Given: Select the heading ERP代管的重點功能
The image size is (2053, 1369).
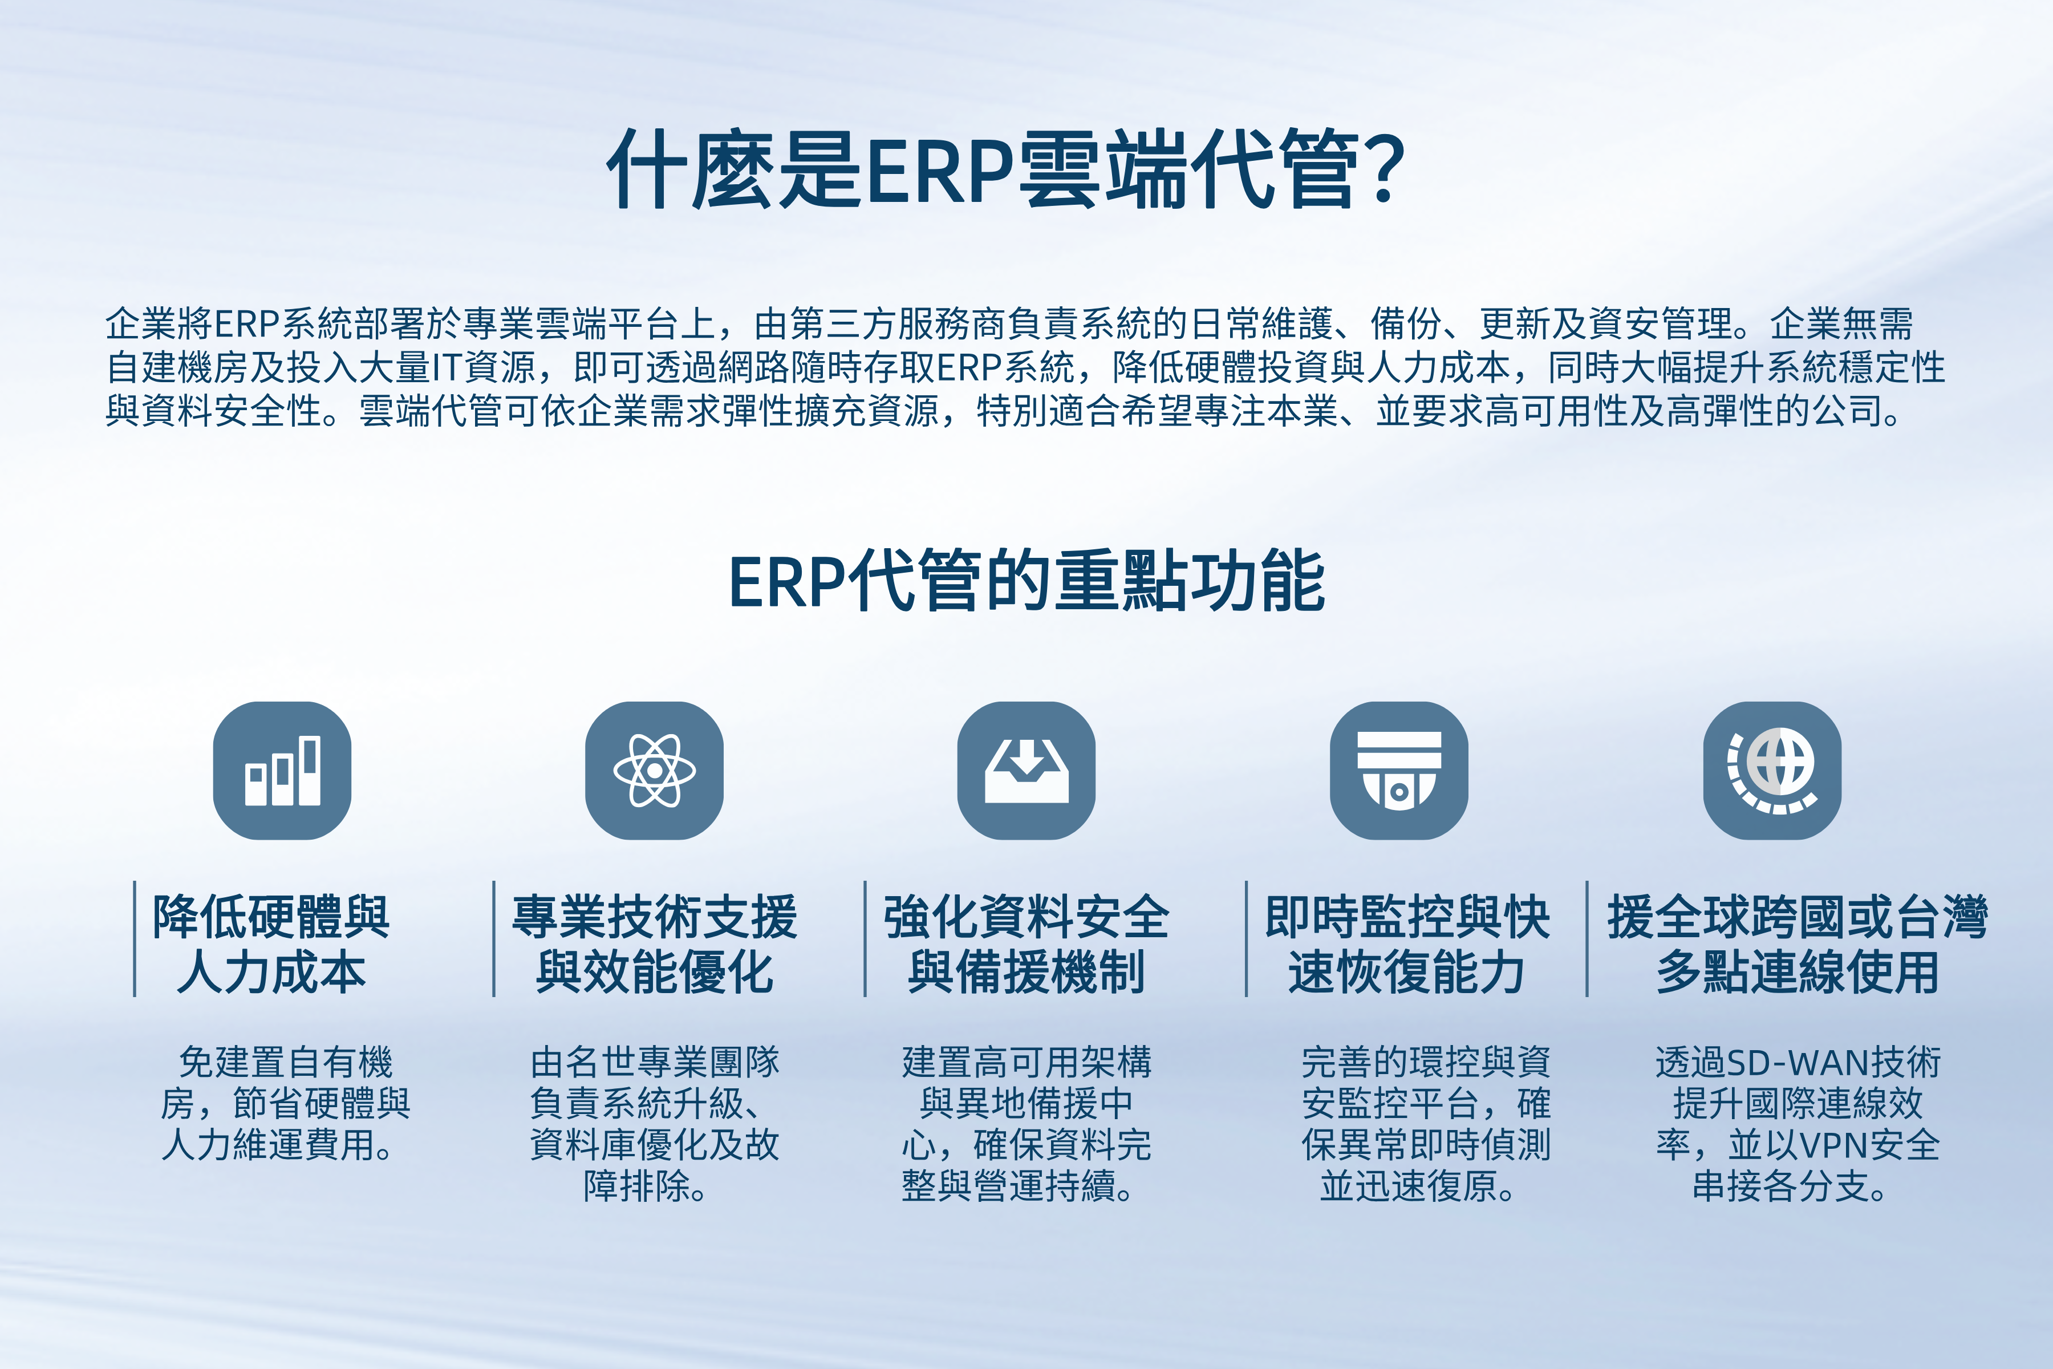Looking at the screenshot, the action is coord(1026,581).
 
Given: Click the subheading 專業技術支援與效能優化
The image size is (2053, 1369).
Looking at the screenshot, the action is coord(655,944).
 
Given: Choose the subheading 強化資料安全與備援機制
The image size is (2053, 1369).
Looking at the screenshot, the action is coord(1026,944).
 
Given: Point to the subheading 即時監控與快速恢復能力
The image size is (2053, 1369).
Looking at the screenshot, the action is coord(1407,944).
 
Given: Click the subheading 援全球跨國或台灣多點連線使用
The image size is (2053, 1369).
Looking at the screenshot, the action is coord(1798,944).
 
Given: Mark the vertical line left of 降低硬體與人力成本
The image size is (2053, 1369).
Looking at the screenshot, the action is coord(135,938).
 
